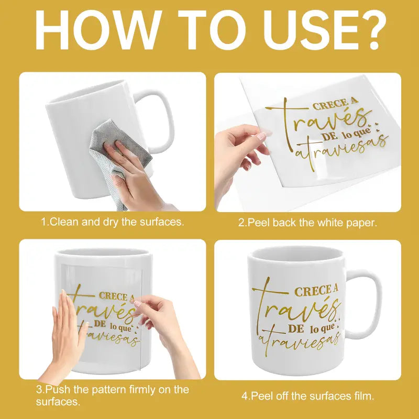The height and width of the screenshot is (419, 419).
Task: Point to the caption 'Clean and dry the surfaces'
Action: (113, 222)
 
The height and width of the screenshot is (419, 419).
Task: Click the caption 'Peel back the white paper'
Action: (307, 223)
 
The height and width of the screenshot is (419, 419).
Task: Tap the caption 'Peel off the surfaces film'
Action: (307, 396)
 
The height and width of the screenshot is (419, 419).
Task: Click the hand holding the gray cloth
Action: (128, 168)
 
